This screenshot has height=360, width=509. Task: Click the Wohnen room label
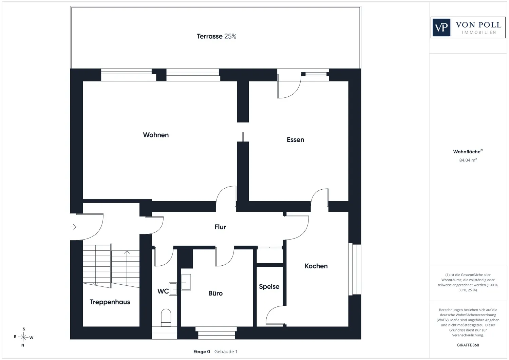pos(156,135)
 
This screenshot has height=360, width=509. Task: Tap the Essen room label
pos(295,139)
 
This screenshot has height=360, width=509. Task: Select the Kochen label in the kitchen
pos(316,266)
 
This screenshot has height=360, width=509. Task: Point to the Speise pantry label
pos(269,287)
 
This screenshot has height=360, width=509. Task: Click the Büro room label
pos(215,293)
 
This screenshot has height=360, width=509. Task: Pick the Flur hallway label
pos(220,227)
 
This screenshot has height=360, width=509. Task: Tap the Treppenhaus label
pos(110,302)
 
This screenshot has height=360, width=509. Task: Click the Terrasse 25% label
pos(216,36)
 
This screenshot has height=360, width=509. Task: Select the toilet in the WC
pos(166,318)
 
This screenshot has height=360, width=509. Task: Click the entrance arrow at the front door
pos(73,227)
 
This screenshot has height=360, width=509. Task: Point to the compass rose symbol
pos(23,337)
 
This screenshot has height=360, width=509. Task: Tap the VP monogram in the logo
pos(441,27)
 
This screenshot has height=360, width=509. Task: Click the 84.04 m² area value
pos(468,160)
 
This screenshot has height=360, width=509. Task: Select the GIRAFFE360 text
pos(468,345)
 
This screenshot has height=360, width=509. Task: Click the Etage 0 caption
pos(202,352)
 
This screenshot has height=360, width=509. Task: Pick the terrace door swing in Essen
pos(289,87)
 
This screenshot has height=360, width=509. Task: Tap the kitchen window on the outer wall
pos(355,269)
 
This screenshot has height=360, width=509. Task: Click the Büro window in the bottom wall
pos(216,333)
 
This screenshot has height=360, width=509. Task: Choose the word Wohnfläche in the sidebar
pos(467,152)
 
